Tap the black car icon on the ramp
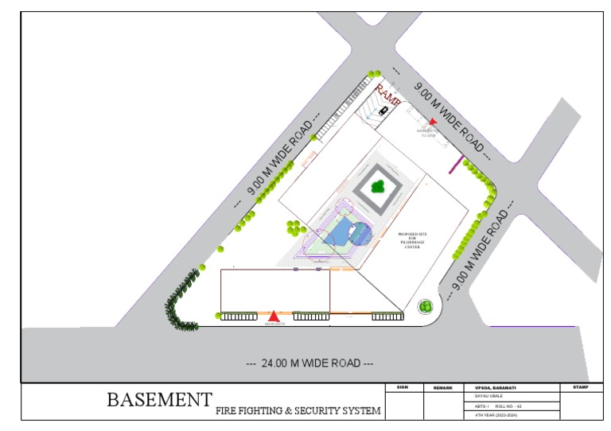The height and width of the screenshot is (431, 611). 383,111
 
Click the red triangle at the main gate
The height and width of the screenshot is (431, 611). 274,316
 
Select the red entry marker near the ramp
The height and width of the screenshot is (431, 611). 433,122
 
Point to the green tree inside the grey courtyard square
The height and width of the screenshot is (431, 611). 378,188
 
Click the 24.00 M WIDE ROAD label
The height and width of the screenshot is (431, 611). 310,363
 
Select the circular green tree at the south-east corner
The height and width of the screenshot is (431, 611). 426,306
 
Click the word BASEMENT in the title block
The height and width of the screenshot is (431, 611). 160,399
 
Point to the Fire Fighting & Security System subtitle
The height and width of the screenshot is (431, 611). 298,411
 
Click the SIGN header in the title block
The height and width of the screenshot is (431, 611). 402,387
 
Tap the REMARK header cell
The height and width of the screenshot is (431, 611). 443,388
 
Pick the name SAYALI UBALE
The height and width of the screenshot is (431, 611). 490,396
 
